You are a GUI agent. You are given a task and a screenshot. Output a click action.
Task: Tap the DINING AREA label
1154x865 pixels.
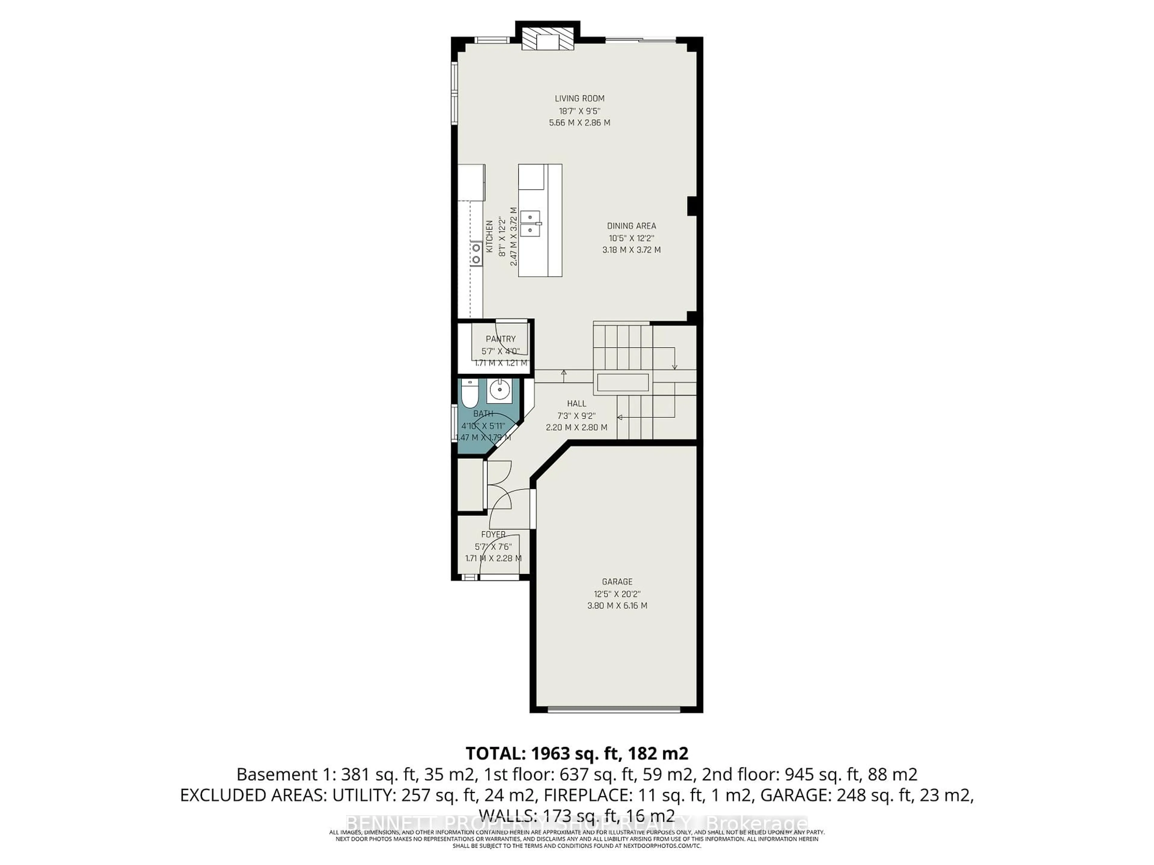pyautogui.click(x=631, y=226)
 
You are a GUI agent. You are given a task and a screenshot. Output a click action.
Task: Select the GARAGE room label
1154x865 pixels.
pyautogui.click(x=617, y=581)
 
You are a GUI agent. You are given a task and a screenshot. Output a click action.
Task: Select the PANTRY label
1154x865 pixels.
pyautogui.click(x=500, y=339)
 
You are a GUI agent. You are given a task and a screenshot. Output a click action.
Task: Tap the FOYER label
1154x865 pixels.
pyautogui.click(x=493, y=534)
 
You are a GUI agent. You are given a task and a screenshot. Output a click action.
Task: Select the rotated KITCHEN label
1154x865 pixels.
pyautogui.click(x=489, y=236)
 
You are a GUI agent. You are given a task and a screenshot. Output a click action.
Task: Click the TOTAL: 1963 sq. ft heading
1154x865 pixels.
pyautogui.click(x=576, y=753)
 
